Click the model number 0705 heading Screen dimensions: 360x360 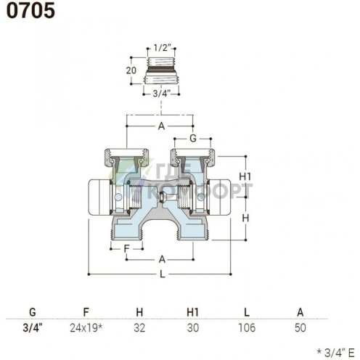point(30,11)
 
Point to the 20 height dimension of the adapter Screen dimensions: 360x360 point(131,70)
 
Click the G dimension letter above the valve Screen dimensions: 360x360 point(193,139)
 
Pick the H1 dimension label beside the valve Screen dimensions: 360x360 point(245,177)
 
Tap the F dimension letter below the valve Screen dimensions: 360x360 point(126,249)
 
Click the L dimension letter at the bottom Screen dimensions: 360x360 point(163,274)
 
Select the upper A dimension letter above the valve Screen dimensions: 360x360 point(161,126)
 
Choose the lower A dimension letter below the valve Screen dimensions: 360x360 point(162,260)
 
